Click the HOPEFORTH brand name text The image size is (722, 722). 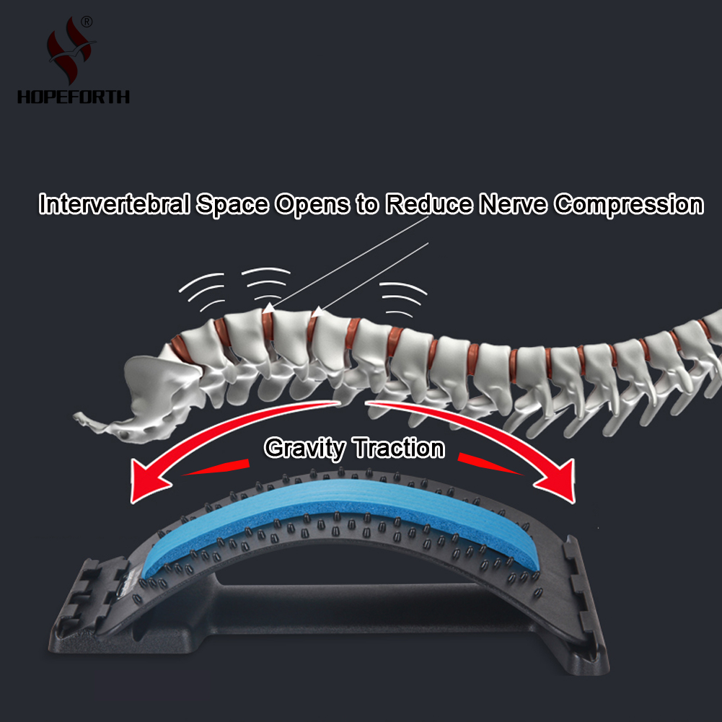point(74,97)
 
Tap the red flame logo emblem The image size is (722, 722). point(70,50)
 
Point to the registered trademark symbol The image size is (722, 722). point(87,22)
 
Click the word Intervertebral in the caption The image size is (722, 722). point(114,203)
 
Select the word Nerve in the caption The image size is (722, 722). point(513,203)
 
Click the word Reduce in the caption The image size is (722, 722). point(429,203)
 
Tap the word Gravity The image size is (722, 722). point(305,448)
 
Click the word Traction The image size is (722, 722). point(399,448)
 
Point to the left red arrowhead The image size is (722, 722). point(146,482)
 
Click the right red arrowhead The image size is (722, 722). point(558,482)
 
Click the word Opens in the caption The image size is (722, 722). point(312,204)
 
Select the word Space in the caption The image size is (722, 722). point(232,204)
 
